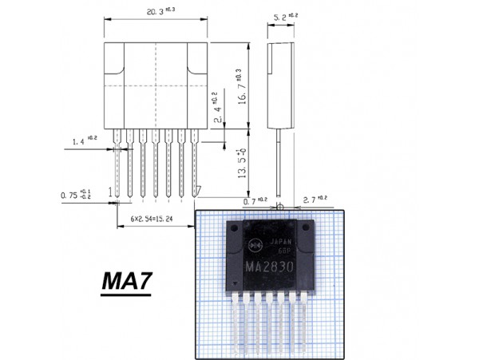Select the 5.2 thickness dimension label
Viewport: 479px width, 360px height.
click(x=279, y=16)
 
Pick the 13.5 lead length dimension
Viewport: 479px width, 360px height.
click(x=240, y=164)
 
